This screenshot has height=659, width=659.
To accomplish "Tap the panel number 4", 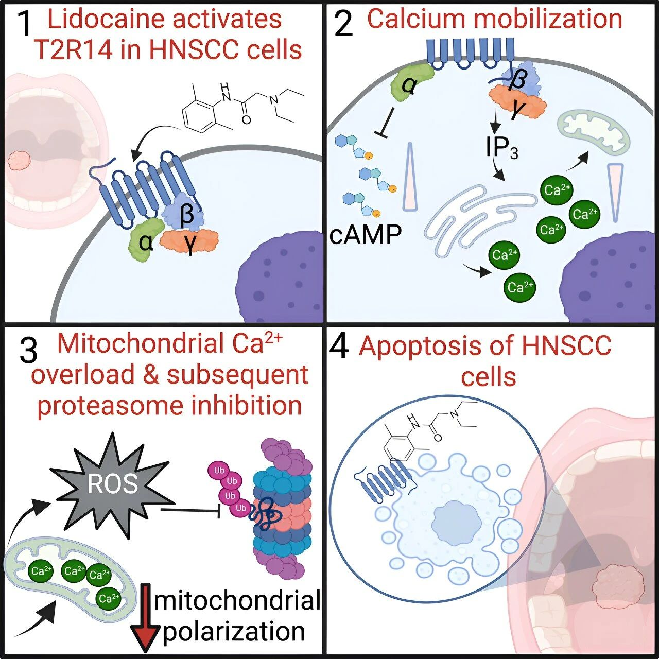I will (x=339, y=347).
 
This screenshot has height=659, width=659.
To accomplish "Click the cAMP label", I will (x=366, y=235).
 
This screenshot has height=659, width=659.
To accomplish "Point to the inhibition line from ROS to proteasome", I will (x=190, y=510).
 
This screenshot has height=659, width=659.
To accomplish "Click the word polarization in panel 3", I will (x=234, y=632).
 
